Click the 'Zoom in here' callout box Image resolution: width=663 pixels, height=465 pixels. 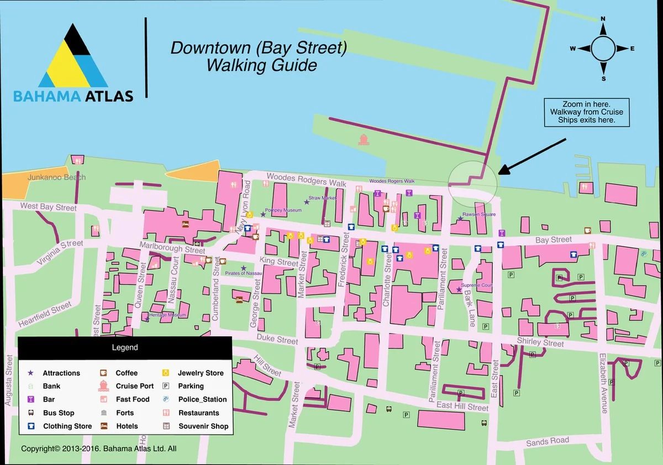pos(586,112)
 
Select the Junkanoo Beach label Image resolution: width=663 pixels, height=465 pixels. pos(56,177)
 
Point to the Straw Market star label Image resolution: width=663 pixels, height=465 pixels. pos(322,198)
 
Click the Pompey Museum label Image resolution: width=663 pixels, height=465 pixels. pos(283,211)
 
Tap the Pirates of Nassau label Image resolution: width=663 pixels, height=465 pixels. pos(244,273)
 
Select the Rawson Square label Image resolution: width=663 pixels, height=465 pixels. pos(478,215)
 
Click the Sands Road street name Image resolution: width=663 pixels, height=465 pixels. pos(547,441)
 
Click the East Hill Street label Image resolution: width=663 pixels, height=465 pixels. pos(462,407)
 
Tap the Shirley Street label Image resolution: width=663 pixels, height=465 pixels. pos(540,343)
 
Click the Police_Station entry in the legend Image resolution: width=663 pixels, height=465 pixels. pos(202,399)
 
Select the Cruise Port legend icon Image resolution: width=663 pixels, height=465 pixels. pos(103,386)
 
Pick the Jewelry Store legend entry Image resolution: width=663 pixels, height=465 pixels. pos(200,373)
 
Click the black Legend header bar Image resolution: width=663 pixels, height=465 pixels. pos(125,348)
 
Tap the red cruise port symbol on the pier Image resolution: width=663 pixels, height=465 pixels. pos(363,139)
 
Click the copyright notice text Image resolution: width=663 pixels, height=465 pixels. pos(98,449)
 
